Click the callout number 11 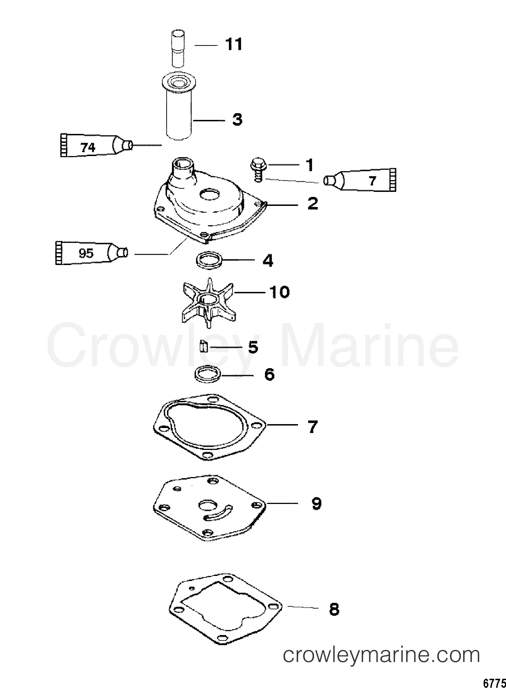pos(234,45)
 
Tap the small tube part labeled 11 pos(177,48)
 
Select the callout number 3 pos(237,120)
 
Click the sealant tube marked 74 pos(92,146)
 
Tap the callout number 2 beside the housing pos(312,204)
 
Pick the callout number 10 pos(279,292)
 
